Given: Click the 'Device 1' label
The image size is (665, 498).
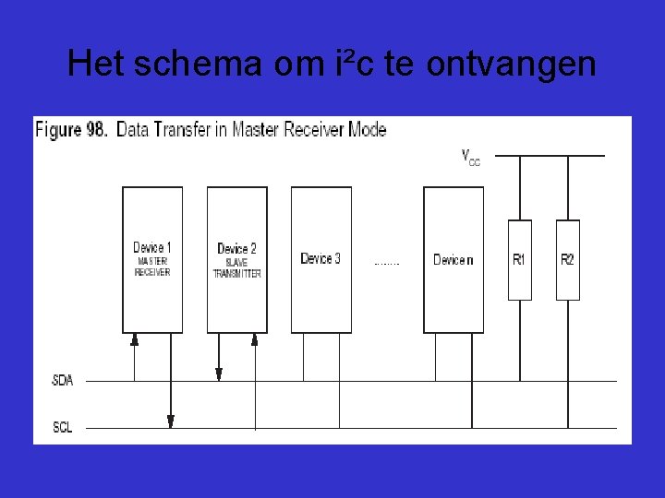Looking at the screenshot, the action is click(152, 247).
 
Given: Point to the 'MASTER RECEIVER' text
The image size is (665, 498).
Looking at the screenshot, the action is click(152, 267).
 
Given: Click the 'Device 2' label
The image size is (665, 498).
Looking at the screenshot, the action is click(236, 248).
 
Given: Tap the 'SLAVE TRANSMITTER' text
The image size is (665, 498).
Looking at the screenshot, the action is click(236, 268).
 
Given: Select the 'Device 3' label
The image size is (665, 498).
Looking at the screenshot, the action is click(320, 258).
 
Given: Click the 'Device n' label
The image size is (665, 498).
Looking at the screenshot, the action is click(453, 259).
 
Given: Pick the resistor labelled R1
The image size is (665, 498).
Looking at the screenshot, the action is click(519, 259).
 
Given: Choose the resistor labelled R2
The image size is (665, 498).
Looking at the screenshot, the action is click(567, 259).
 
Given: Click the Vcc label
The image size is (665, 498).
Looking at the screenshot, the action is click(470, 157).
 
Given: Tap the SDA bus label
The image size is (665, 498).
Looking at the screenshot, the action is click(63, 380).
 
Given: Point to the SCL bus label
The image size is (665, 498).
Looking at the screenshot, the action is click(63, 427).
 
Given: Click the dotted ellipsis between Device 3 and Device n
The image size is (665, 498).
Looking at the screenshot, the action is click(387, 264).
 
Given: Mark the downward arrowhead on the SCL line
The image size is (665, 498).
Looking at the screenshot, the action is click(171, 421).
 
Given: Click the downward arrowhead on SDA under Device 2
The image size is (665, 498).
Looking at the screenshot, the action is click(219, 373).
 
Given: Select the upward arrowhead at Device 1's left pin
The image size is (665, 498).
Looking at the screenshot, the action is click(135, 339).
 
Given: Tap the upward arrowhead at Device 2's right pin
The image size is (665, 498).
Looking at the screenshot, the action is click(255, 339).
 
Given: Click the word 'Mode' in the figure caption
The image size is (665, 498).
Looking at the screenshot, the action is click(369, 129).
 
